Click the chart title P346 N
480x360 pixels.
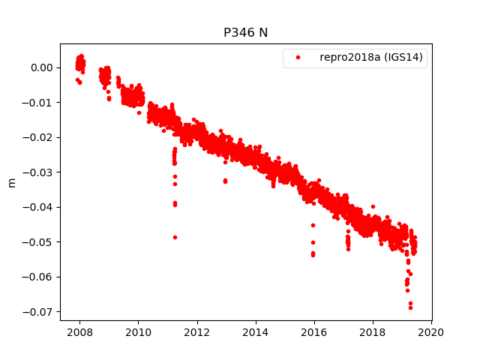coord(245,32)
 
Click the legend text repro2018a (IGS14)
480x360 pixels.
coord(373,57)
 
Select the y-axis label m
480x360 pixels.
coord(11,182)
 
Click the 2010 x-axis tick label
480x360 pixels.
coord(138,332)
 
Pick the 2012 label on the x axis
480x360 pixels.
coord(196,332)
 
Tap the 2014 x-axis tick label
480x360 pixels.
coord(256,332)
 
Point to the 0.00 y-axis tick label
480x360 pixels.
coord(42,67)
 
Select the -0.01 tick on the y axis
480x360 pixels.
coord(40,102)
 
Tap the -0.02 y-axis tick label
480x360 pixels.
coord(40,137)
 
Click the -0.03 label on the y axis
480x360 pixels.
coord(40,172)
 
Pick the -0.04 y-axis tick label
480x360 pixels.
coord(40,207)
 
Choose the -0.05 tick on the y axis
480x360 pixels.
coord(40,241)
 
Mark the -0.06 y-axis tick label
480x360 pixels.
coord(40,277)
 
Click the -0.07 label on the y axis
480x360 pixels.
coord(40,311)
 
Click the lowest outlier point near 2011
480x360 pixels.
coord(175,237)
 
